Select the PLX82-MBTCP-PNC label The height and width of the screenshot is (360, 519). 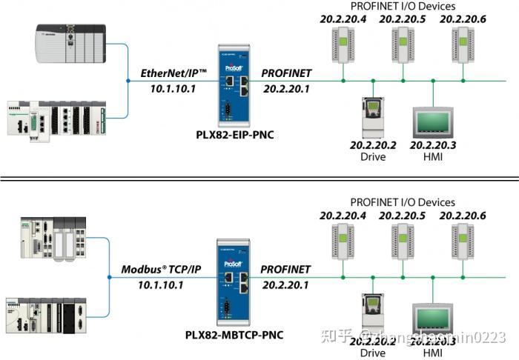point(234,335)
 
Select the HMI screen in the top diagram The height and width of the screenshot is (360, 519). point(432,120)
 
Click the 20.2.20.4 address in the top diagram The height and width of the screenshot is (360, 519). point(343,19)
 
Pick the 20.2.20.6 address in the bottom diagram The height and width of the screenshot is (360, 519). point(463,216)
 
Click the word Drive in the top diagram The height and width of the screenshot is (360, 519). point(373,157)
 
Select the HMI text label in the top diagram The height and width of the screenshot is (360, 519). point(432,157)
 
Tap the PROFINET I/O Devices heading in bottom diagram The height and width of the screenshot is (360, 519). point(403,202)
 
